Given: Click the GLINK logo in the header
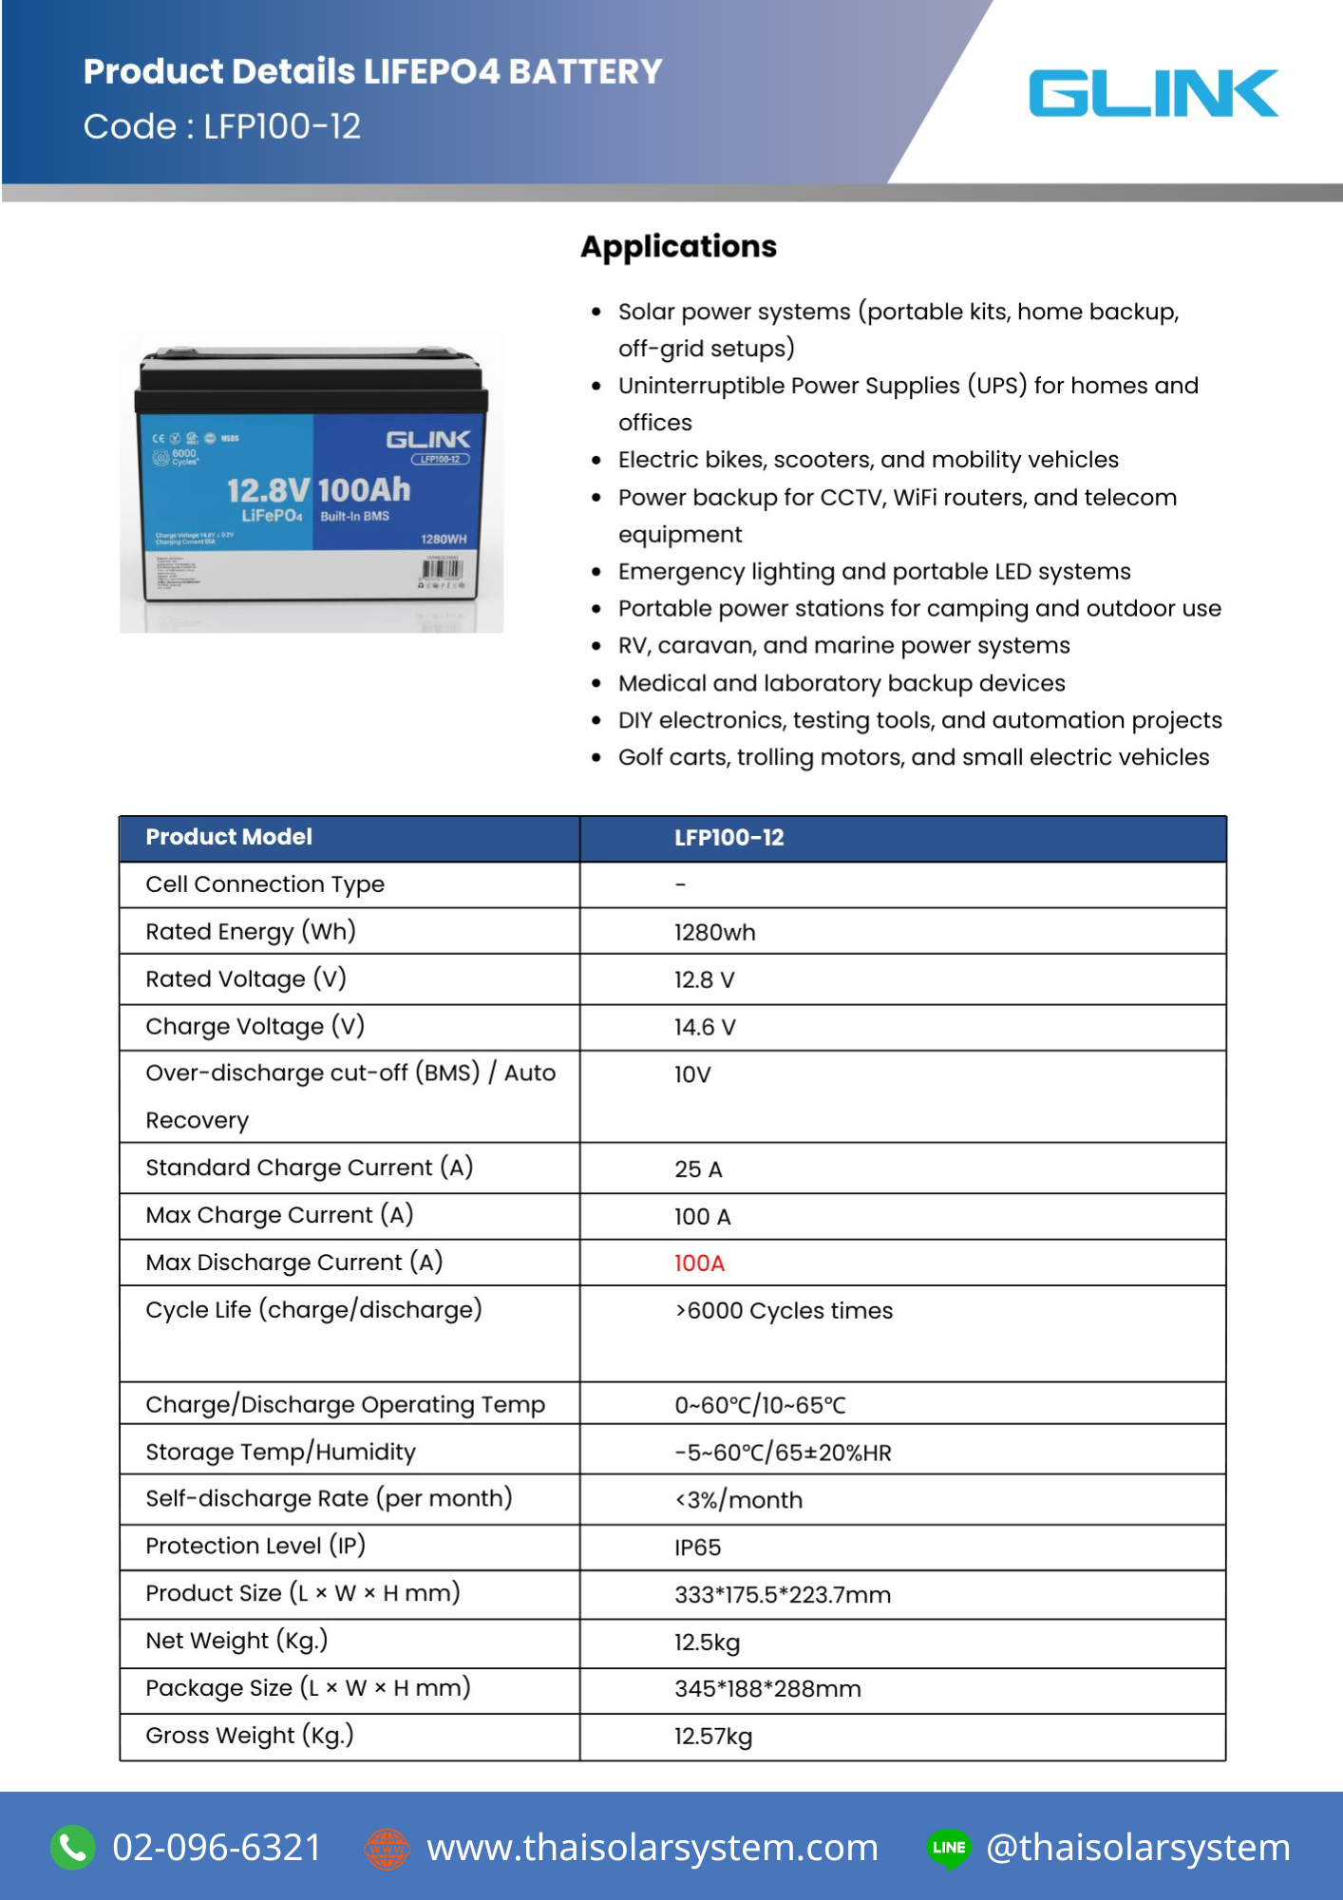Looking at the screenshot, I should click(x=1153, y=93).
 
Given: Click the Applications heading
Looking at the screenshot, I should click(x=678, y=246).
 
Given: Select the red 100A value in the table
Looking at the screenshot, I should click(x=699, y=1263).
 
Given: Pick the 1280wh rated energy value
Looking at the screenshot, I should click(x=714, y=932).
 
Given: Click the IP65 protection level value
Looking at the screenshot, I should click(x=697, y=1548).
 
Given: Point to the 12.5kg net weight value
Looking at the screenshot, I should click(x=707, y=1643).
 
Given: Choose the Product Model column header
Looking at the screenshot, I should click(x=229, y=837).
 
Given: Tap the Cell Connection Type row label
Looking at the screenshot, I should click(x=265, y=884).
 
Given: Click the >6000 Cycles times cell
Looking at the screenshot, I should click(x=784, y=1311).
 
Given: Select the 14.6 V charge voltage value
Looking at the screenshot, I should click(x=705, y=1027).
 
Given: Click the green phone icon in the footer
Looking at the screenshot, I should click(x=73, y=1848).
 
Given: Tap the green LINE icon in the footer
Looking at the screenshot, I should click(x=949, y=1848).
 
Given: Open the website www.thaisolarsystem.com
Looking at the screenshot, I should click(x=653, y=1848).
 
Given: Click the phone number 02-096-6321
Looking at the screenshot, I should click(x=217, y=1848).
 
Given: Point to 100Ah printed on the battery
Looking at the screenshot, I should click(x=364, y=490).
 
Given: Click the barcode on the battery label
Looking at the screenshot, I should click(x=442, y=571).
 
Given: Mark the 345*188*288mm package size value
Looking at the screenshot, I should click(x=767, y=1689).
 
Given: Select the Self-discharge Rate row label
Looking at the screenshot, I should click(x=329, y=1499).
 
